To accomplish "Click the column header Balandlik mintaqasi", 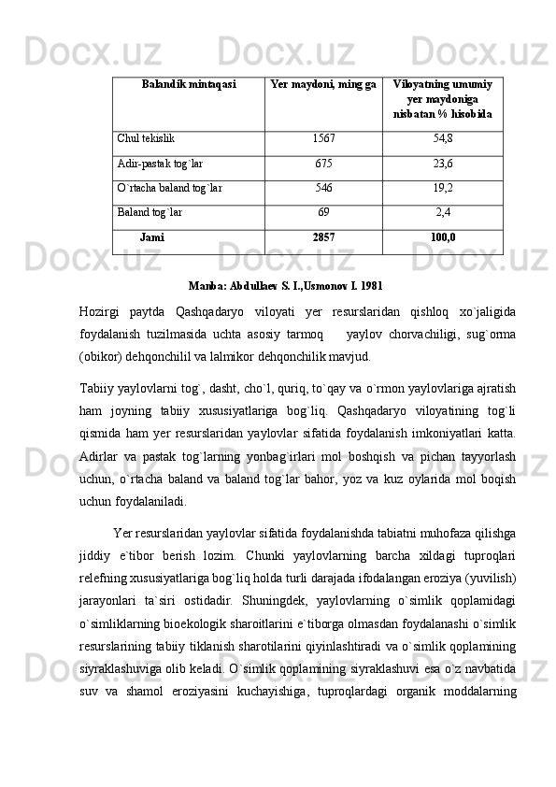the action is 189,85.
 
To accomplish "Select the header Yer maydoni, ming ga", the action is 323,85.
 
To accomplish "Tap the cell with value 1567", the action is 323,138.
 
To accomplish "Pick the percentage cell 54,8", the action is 443,138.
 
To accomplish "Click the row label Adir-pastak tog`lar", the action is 160,163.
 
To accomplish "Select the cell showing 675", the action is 323,163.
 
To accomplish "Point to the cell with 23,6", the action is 443,163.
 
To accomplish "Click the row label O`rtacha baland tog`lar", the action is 170,187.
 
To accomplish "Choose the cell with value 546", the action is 323,187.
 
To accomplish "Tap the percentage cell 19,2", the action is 443,187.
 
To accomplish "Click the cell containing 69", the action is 323,212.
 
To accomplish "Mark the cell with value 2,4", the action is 443,212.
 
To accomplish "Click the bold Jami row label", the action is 151,237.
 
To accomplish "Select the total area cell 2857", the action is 323,237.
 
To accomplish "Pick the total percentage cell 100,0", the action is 443,237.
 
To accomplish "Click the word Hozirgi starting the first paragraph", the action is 102,311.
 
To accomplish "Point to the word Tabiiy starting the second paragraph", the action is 97,387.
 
